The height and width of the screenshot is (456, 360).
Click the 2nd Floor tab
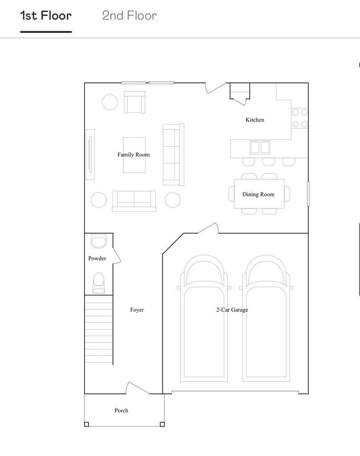coord(129,16)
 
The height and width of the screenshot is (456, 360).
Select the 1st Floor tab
coord(46,16)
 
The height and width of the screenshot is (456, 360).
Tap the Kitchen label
coord(255,120)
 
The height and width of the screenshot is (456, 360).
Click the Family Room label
coord(133,155)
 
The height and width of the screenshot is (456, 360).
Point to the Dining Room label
coord(258,194)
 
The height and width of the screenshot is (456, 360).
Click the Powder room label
coord(97,258)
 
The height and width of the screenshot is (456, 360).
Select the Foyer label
coord(137,310)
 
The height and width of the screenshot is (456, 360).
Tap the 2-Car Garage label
coord(232,310)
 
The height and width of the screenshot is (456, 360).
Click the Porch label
coord(121,410)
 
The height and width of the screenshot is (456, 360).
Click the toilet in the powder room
coord(99,283)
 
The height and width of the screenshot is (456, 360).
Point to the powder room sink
coord(99,241)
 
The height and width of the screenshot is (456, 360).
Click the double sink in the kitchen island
coord(260,147)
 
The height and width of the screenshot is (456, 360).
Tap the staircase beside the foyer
coord(98,330)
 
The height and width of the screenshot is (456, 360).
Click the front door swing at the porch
coord(137,388)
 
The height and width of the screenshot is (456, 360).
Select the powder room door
coord(117,255)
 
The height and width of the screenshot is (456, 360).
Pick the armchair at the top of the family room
coord(134,102)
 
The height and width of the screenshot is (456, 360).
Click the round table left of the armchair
coord(110,102)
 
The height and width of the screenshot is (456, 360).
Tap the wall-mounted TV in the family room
coord(90,155)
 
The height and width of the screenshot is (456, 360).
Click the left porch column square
coord(87,424)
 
